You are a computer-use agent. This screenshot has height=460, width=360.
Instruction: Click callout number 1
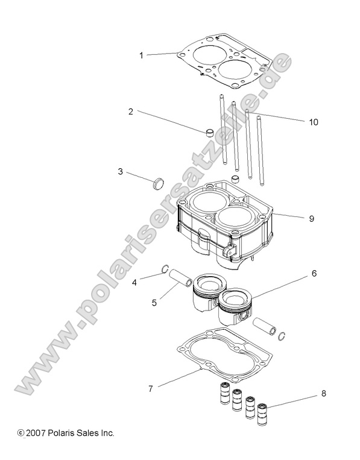tap(141, 55)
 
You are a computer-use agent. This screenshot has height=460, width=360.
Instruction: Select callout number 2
tap(130, 112)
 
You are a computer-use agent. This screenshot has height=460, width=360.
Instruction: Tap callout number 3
tap(121, 172)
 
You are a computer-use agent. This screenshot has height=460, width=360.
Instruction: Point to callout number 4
tap(135, 281)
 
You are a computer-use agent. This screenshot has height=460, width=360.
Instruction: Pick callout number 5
tap(154, 302)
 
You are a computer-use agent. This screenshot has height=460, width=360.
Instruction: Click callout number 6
tap(314, 273)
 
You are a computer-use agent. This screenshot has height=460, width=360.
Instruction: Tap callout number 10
tap(313, 122)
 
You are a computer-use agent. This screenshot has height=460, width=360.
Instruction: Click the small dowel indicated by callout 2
tap(208, 132)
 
